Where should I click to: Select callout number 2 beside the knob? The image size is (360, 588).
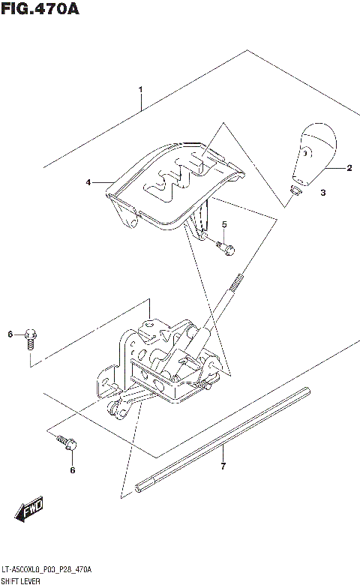(x=349, y=168)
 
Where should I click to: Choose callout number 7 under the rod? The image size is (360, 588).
(x=223, y=468)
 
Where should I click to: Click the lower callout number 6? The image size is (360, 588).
(x=72, y=470)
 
